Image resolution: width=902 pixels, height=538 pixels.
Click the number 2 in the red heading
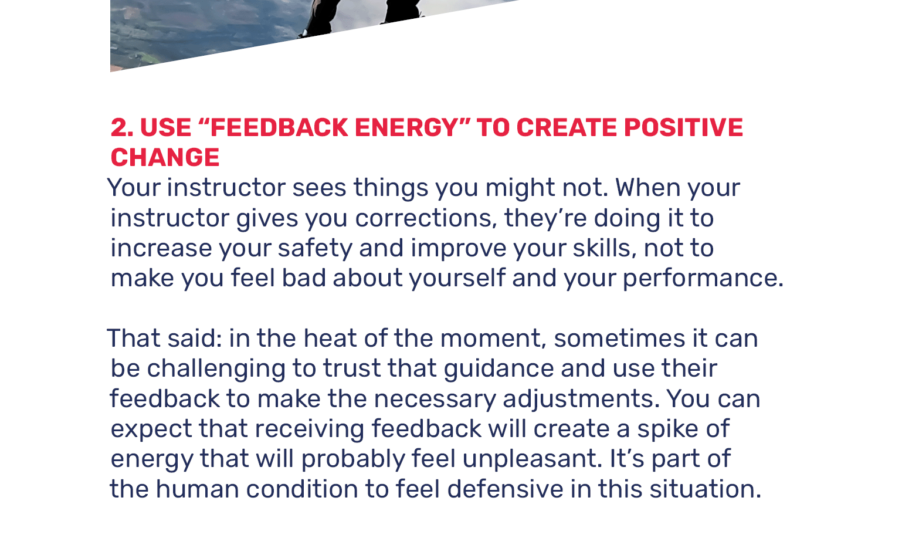(x=121, y=128)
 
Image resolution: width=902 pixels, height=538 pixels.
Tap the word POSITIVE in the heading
(x=683, y=128)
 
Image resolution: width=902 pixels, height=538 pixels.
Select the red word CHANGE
(x=165, y=157)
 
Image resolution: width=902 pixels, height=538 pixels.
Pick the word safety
(x=315, y=248)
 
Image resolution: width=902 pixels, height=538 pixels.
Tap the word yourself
(x=457, y=279)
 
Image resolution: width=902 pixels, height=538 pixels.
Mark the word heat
(x=330, y=339)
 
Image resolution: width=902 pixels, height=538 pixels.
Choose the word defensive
(x=506, y=489)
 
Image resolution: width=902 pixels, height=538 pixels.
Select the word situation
(x=705, y=489)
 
